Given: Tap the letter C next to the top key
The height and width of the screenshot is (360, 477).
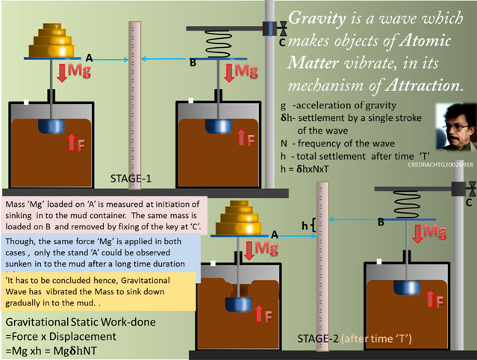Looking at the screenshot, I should tap(281, 42).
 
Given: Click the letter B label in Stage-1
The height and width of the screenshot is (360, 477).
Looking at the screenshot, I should tap(192, 63).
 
